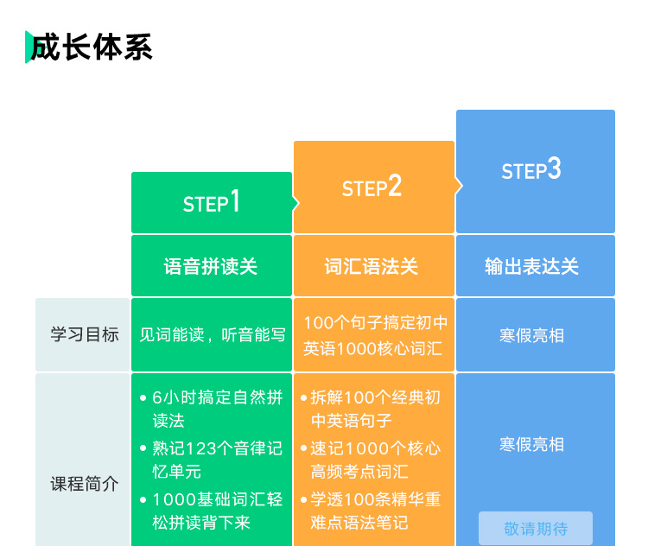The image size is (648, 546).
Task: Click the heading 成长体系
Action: [x=92, y=48]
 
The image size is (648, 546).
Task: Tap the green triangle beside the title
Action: [x=29, y=48]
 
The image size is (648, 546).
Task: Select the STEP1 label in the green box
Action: [x=211, y=201]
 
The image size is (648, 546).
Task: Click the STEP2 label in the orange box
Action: [x=372, y=186]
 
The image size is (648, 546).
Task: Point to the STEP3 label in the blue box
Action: [x=531, y=169]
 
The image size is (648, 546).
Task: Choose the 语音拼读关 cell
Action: [x=211, y=266]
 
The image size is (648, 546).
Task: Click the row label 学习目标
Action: [x=85, y=335]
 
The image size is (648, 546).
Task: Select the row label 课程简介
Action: [x=85, y=484]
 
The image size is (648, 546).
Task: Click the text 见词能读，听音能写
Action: [x=213, y=335]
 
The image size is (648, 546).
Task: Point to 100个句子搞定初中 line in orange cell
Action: [x=375, y=323]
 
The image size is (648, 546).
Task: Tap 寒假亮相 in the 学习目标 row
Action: [x=531, y=335]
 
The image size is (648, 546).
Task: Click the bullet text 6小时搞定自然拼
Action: [x=218, y=397]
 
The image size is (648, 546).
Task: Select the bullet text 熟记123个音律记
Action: [x=218, y=448]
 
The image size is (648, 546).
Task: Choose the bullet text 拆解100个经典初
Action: [x=375, y=397]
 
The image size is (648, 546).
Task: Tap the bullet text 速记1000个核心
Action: [x=375, y=448]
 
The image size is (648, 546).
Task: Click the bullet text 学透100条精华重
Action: [x=375, y=499]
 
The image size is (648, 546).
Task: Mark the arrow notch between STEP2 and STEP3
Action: [x=459, y=186]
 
